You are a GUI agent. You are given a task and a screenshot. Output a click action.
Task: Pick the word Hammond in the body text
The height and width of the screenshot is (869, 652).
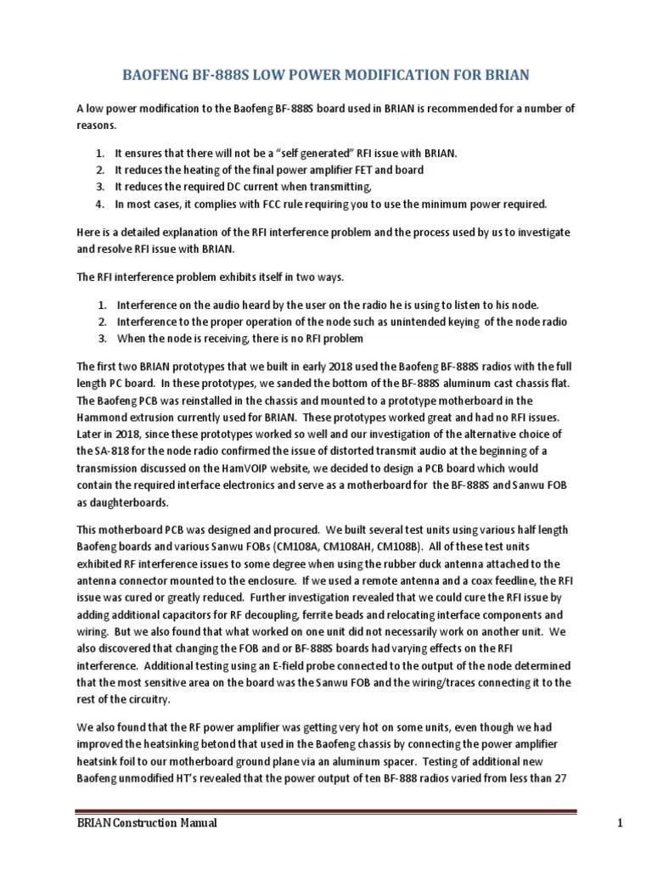pos(105,418)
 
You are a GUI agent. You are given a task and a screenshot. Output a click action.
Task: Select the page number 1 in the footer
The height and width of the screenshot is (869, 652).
pos(574,823)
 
